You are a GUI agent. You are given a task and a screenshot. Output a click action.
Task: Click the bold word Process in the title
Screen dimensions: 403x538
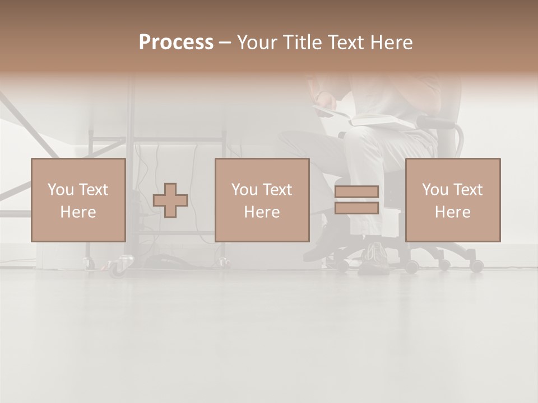coord(176,43)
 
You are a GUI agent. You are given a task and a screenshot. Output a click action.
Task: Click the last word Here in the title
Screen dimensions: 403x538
coord(392,43)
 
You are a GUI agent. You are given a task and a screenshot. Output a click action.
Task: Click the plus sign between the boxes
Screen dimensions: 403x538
coord(170,200)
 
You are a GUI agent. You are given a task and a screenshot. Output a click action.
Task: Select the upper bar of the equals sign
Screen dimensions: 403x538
coord(356,191)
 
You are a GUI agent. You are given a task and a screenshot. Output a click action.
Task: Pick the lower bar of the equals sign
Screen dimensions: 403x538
coord(356,208)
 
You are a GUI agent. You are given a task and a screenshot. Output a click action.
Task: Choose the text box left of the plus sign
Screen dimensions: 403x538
coord(78,200)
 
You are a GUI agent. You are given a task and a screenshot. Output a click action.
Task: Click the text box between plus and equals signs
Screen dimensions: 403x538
coord(262,200)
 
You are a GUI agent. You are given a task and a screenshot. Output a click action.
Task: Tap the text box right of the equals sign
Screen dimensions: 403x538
coord(453,200)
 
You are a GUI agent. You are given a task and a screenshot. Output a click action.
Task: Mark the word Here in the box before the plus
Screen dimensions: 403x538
coord(78,212)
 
